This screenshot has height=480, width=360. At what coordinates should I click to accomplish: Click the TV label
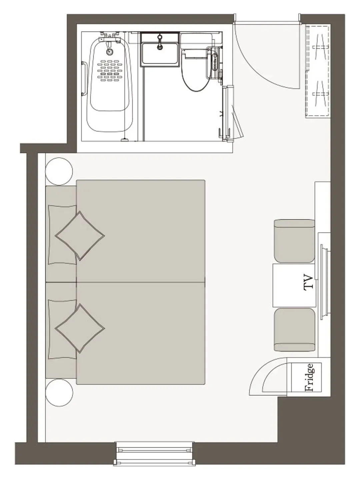(308, 282)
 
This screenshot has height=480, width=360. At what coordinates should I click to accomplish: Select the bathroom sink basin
(160, 53)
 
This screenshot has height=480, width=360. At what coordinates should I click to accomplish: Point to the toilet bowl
(195, 70)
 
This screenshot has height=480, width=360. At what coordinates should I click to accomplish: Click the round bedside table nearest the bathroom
(59, 171)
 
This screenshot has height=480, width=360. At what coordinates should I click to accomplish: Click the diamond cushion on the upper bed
(80, 236)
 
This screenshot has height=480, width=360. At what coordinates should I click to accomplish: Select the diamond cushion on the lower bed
(80, 328)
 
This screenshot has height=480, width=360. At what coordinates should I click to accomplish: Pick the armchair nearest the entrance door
(294, 241)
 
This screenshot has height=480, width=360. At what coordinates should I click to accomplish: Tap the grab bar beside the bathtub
(84, 79)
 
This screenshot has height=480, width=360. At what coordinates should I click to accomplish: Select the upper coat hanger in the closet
(320, 47)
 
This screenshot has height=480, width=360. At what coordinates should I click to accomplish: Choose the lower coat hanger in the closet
(320, 94)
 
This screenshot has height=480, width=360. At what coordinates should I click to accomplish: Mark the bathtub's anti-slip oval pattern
(109, 71)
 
